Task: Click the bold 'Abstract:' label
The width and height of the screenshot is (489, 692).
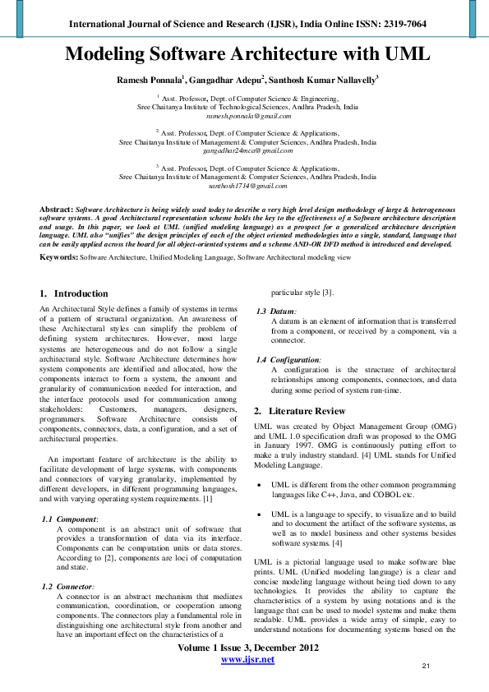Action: pos(56,210)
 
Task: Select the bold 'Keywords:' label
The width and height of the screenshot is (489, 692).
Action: pos(58,257)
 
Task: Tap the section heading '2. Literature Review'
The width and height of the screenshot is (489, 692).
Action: pos(299,410)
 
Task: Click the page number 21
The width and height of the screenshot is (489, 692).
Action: pos(426,666)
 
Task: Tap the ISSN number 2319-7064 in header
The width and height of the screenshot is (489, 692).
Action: pos(404,24)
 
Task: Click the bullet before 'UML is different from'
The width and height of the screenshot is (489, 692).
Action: pos(260,486)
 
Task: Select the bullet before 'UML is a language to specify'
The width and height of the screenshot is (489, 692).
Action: pos(260,514)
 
